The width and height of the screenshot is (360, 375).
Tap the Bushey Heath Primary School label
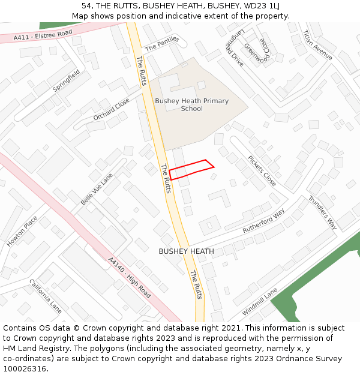(x=192, y=104)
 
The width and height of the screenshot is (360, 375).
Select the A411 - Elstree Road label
(x=44, y=35)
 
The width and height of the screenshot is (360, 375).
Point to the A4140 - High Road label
(x=129, y=278)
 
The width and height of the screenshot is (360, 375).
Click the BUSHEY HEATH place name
(x=186, y=251)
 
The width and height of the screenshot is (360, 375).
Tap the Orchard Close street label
(x=112, y=109)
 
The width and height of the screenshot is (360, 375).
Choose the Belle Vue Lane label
(x=97, y=189)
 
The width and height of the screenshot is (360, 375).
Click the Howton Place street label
(x=22, y=231)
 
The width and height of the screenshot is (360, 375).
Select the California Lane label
(x=46, y=296)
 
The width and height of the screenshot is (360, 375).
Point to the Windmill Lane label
(x=259, y=302)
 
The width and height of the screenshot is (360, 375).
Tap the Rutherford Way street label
(x=263, y=221)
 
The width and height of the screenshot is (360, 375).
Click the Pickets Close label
(x=262, y=171)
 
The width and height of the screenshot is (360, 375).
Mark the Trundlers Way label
(x=323, y=212)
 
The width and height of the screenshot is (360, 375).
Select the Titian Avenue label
(x=317, y=45)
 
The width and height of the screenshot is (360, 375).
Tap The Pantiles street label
(x=162, y=43)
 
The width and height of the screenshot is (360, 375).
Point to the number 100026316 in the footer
(x=25, y=368)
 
